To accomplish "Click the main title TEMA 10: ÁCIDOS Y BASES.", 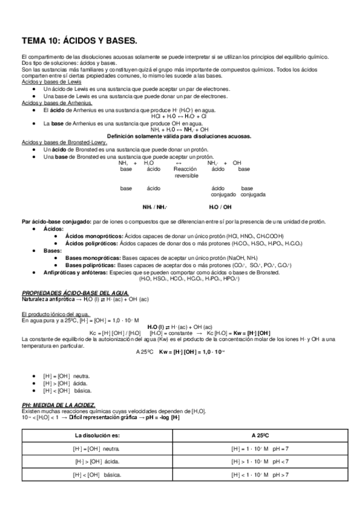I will click(79, 41).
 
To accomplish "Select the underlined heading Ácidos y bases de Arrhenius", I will click(51, 103).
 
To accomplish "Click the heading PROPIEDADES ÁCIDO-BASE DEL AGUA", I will click(67, 292).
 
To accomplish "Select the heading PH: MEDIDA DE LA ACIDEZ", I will click(58, 405).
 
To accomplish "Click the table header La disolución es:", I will click(100, 434).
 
